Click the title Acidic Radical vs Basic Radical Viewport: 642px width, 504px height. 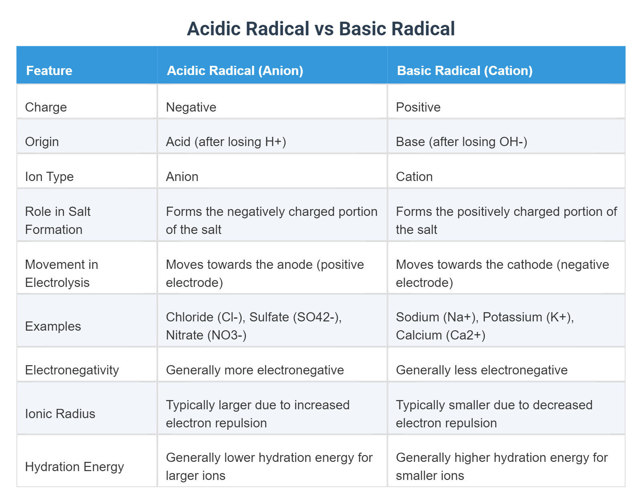pyautogui.click(x=321, y=29)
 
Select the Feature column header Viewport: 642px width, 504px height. pyautogui.click(x=49, y=71)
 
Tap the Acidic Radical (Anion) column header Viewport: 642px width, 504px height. pyautogui.click(x=235, y=71)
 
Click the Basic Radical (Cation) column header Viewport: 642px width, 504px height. pyautogui.click(x=465, y=71)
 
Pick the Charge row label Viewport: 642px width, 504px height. pyautogui.click(x=46, y=107)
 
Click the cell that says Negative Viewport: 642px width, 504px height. pyautogui.click(x=191, y=107)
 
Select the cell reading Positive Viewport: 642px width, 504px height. pyautogui.click(x=418, y=107)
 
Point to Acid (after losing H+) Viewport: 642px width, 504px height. pyautogui.click(x=226, y=142)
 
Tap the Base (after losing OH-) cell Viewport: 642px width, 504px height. pyautogui.click(x=461, y=142)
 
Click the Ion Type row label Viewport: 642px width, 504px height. pyautogui.click(x=49, y=177)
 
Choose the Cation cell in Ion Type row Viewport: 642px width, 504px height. pyautogui.click(x=414, y=177)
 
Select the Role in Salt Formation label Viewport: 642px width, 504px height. pyautogui.click(x=57, y=220)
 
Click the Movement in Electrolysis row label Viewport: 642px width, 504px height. pyautogui.click(x=61, y=273)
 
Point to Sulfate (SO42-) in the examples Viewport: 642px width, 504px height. pyautogui.click(x=295, y=317)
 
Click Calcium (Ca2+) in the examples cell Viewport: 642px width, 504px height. pyautogui.click(x=441, y=335)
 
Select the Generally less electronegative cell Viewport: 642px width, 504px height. pyautogui.click(x=481, y=370)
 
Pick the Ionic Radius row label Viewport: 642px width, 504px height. pyautogui.click(x=60, y=414)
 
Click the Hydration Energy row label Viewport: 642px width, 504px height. pyautogui.click(x=74, y=467)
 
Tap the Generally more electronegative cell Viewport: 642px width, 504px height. pyautogui.click(x=255, y=370)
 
